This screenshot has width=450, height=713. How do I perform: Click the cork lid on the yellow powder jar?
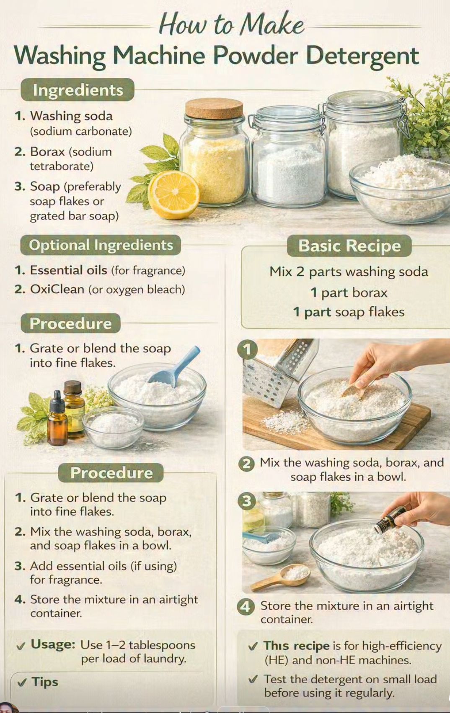pos(214,108)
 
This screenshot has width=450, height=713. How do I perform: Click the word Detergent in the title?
pos(362,56)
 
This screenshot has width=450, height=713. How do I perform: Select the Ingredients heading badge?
pos(78,90)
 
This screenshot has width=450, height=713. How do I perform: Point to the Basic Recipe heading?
pos(349,246)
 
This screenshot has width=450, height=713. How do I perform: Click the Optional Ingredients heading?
pos(101,245)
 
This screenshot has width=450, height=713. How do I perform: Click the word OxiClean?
pos(57,289)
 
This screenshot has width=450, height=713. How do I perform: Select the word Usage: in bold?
pos(53,644)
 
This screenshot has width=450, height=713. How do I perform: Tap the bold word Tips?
pos(45,682)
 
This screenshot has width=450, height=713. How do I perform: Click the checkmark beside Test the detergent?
pos(253,679)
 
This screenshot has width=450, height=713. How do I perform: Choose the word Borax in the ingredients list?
pos(47,151)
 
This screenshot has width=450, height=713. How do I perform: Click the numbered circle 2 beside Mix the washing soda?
pos(246,464)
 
